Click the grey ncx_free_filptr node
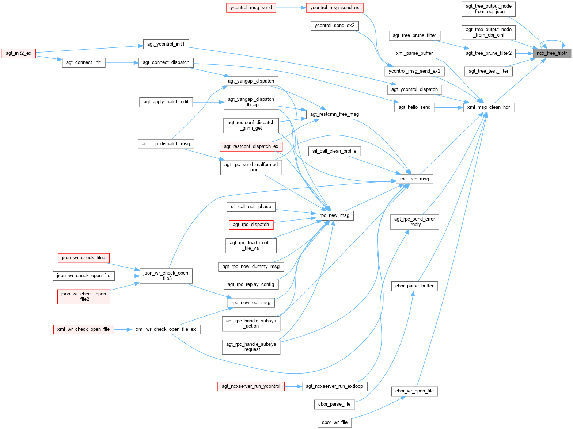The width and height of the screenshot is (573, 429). (x=551, y=53)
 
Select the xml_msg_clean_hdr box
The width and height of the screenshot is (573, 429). (x=489, y=107)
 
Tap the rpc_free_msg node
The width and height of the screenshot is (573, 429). (x=414, y=179)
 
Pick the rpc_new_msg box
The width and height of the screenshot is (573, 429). (x=334, y=215)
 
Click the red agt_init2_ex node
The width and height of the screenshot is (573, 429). (x=19, y=53)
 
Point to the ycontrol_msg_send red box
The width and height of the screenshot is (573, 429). (x=251, y=8)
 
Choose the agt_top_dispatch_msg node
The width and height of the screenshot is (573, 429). (x=166, y=144)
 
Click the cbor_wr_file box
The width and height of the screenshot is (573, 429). (x=334, y=422)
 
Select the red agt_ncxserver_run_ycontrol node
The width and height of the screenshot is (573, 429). (x=251, y=386)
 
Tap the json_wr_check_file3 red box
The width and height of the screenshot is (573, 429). (x=84, y=258)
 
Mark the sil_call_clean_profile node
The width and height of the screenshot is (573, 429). (x=334, y=151)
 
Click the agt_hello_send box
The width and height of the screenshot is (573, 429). (x=414, y=107)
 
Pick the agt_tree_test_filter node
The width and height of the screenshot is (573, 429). (x=489, y=71)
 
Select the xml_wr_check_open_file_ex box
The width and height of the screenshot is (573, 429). (x=166, y=329)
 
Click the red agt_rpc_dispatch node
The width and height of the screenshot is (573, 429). (x=251, y=225)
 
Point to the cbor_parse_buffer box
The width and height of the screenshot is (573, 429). (x=414, y=286)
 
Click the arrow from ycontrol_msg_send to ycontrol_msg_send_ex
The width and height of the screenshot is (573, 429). (x=291, y=8)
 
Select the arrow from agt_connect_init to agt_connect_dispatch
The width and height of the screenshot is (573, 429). (x=122, y=63)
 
